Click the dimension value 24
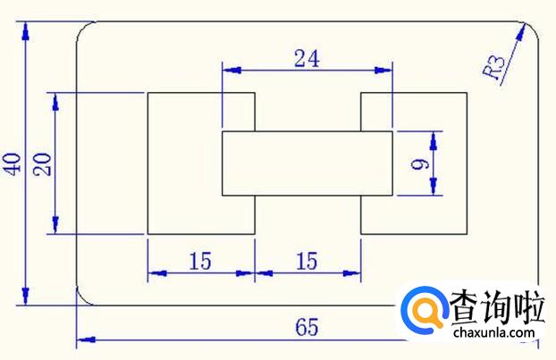coord(307,58)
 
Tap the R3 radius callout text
coord(494,68)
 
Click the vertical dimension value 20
coord(42,163)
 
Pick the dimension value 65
coord(307,327)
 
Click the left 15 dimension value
coord(200,261)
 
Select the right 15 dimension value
coord(307,261)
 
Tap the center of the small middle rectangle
coord(307,163)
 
